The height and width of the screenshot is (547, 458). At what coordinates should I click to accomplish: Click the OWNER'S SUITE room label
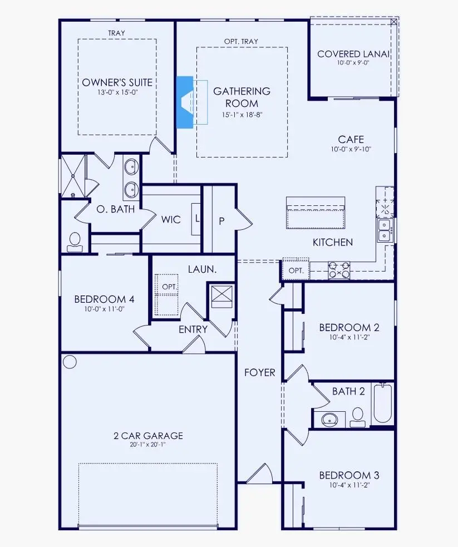(x=117, y=82)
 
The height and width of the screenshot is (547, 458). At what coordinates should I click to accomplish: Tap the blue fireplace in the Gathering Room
(x=184, y=102)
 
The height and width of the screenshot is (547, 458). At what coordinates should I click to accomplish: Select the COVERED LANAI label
(x=353, y=54)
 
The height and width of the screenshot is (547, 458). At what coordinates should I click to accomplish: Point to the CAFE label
(x=352, y=139)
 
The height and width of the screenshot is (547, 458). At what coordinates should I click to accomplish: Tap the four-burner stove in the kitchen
(x=339, y=269)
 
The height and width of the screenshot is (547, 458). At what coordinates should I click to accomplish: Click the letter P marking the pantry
(x=221, y=220)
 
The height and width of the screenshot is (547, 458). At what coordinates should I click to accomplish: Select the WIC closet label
(x=171, y=219)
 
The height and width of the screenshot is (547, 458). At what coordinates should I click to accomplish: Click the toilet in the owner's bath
(x=75, y=240)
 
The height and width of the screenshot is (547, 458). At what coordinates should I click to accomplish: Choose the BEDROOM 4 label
(x=104, y=299)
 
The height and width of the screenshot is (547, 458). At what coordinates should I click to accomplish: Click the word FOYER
(x=260, y=372)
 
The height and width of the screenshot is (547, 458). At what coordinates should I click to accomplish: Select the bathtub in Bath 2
(x=383, y=403)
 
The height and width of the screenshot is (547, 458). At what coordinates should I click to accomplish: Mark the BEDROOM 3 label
(x=349, y=475)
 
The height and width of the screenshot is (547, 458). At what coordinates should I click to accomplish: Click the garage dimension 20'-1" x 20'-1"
(x=147, y=445)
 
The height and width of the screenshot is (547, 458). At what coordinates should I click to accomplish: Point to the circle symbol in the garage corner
(x=70, y=362)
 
